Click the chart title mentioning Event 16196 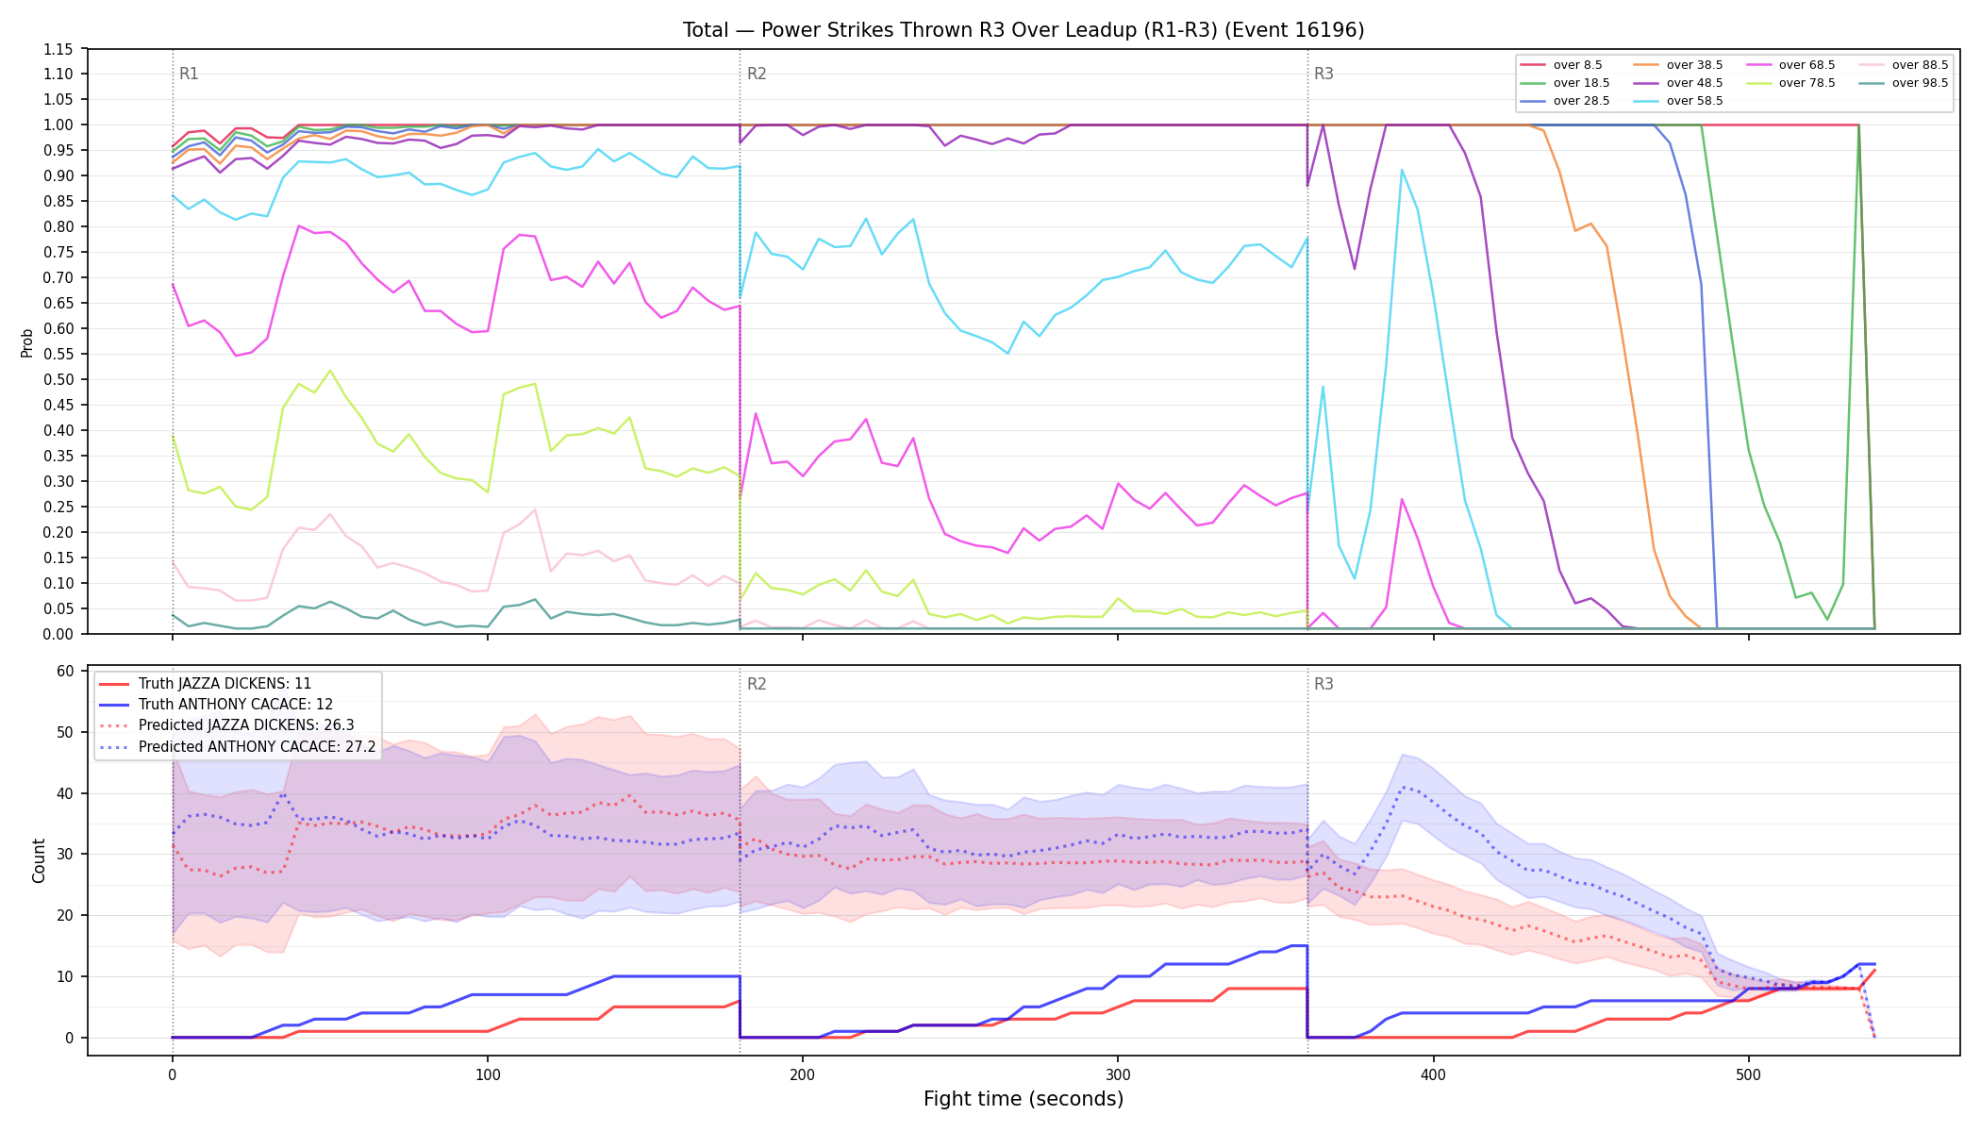pos(1024,30)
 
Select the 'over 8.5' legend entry pos(1561,65)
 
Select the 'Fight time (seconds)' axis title pos(1024,1099)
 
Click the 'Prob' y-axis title pos(27,342)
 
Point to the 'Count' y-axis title pos(39,860)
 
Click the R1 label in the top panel pos(189,74)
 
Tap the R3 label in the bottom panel pos(1323,684)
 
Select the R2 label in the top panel pos(757,74)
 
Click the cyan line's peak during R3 pos(1402,170)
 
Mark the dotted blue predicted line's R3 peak pos(1402,787)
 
